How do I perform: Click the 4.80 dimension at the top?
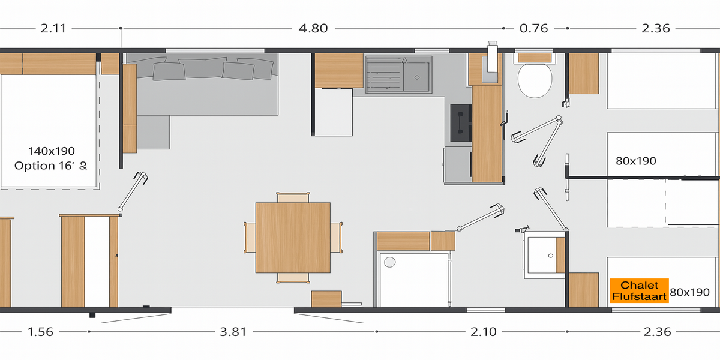pyautogui.click(x=313, y=28)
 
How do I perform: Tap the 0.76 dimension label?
pyautogui.click(x=533, y=28)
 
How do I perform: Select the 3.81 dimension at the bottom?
pyautogui.click(x=233, y=332)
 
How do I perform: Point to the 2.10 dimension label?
pyautogui.click(x=484, y=332)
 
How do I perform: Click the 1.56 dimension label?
pyautogui.click(x=40, y=332)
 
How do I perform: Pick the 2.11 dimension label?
pyautogui.click(x=53, y=28)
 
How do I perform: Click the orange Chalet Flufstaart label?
pyautogui.click(x=639, y=290)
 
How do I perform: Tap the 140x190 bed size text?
pyautogui.click(x=52, y=151)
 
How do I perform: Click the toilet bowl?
pyautogui.click(x=535, y=80)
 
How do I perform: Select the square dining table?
pyautogui.click(x=293, y=238)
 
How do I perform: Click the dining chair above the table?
pyautogui.click(x=293, y=197)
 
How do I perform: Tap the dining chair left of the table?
pyautogui.click(x=250, y=238)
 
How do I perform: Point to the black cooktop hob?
pyautogui.click(x=461, y=123)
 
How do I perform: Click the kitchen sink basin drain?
pyautogui.click(x=417, y=77)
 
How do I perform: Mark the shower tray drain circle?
pyautogui.click(x=389, y=262)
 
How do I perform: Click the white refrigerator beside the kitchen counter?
pyautogui.click(x=334, y=112)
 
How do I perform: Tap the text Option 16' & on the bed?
pyautogui.click(x=51, y=166)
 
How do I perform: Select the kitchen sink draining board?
pyautogui.click(x=385, y=75)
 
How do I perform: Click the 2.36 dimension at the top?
pyautogui.click(x=656, y=28)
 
